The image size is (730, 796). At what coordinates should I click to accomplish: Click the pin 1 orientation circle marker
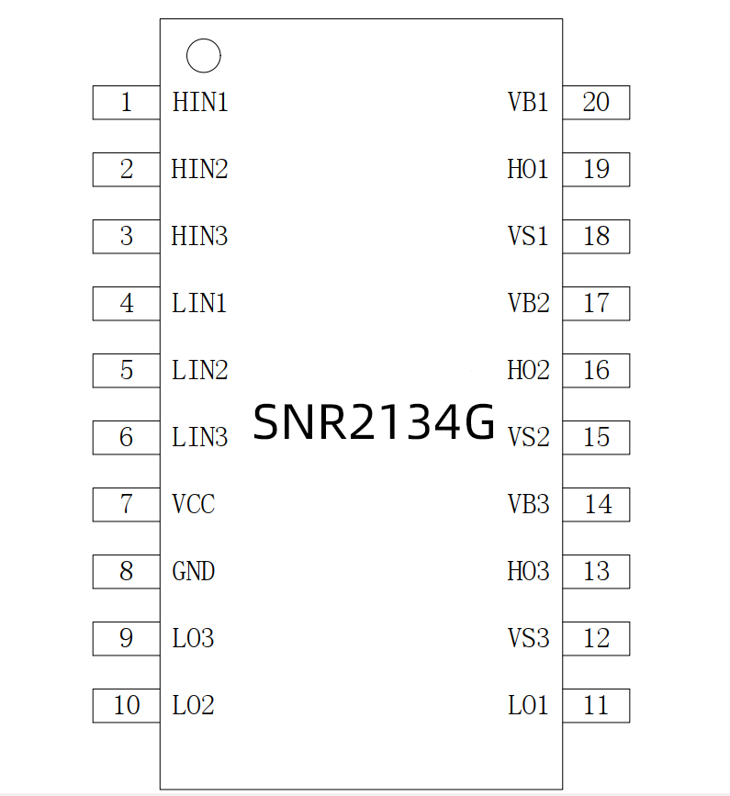(203, 56)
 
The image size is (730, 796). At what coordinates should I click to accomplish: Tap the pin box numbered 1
(126, 103)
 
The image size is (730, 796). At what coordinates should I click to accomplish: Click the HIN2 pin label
(199, 170)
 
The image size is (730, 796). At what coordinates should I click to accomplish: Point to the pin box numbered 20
(596, 103)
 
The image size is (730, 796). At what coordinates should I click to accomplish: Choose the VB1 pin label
(528, 103)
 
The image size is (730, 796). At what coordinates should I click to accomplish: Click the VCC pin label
(194, 505)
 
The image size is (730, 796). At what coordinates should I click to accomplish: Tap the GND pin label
(194, 572)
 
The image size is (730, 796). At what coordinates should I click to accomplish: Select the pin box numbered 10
(126, 706)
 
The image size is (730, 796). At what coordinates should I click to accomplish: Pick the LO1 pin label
(528, 706)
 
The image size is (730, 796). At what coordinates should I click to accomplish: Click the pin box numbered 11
(596, 706)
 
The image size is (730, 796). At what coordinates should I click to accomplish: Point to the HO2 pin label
(528, 371)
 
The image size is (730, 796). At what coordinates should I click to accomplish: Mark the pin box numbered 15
(596, 438)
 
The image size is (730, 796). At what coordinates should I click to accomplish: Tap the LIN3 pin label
(199, 438)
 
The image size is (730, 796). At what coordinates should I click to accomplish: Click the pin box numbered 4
(126, 304)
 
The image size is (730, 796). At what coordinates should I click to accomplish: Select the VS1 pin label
(528, 237)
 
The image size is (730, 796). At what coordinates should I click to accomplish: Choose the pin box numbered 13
(596, 572)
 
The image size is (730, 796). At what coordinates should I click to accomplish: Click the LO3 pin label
(193, 639)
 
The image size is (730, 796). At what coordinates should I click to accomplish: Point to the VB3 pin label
(528, 505)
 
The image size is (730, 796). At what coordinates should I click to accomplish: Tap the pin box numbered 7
(126, 505)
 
